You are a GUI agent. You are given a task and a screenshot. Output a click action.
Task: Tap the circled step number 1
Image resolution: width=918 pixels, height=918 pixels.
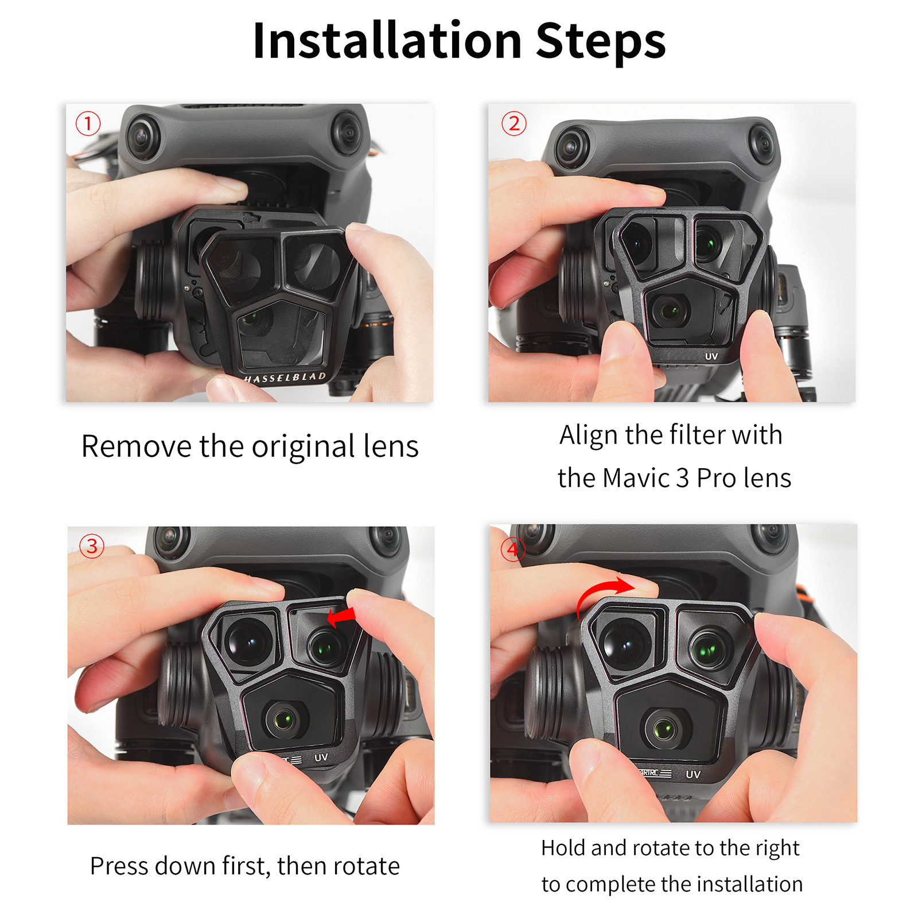coord(88,123)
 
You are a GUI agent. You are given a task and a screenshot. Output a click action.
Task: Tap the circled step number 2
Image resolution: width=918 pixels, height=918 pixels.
coord(514,123)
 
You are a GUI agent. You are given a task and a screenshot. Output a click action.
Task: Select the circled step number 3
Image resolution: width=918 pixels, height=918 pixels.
coord(92,546)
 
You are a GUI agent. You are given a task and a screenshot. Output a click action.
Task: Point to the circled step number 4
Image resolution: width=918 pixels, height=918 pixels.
coord(512,549)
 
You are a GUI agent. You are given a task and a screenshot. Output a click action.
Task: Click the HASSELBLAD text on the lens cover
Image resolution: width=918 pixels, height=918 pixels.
coord(285,378)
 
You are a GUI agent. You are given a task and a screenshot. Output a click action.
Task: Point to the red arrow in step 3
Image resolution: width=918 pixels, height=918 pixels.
coord(341,617)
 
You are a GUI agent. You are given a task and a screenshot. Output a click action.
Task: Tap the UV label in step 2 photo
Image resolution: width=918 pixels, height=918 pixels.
coord(711,356)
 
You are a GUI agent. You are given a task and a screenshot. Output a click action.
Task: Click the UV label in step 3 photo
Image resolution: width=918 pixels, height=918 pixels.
coord(321,757)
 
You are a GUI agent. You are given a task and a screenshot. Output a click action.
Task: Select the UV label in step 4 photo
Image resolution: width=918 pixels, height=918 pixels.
coord(693,774)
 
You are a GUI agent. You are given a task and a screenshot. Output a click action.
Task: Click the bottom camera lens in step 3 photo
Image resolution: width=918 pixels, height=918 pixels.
coord(283,719)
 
